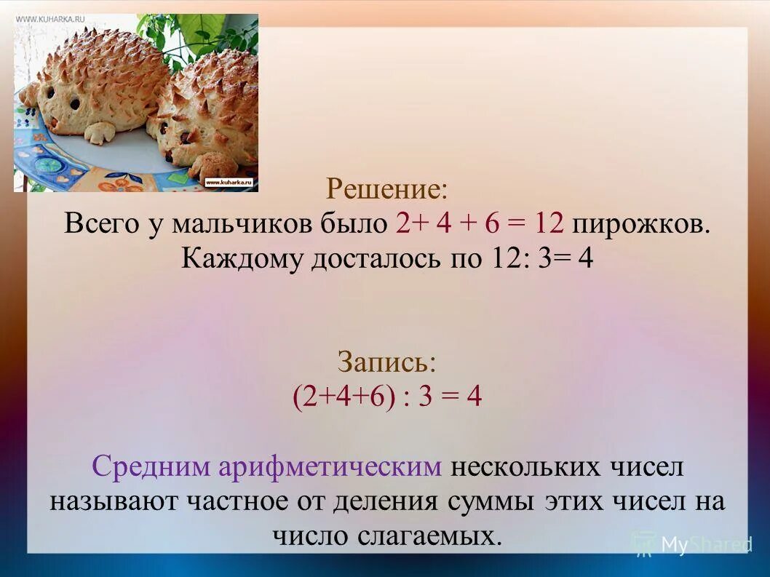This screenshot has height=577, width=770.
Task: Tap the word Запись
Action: (386, 362)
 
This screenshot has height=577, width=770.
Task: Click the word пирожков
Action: (640, 223)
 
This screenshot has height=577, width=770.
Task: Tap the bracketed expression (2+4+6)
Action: (344, 397)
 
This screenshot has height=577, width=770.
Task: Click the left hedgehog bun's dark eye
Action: (74, 103)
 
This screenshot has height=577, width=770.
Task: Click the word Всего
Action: (102, 223)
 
